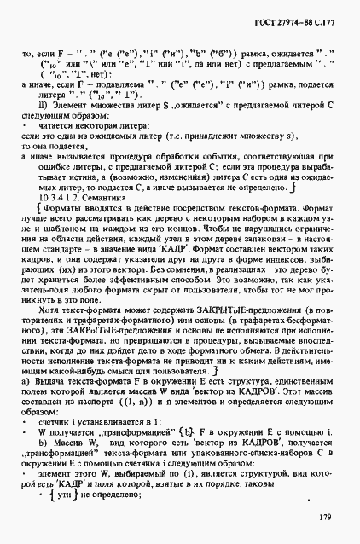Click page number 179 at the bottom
coord(324,517)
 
